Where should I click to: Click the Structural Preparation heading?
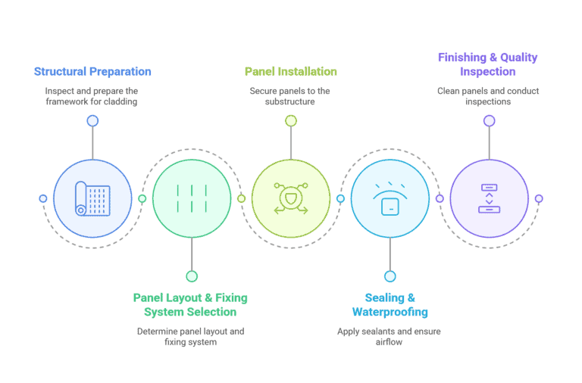[92, 72]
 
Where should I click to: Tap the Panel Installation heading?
[291, 72]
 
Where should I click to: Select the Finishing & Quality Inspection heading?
[488, 64]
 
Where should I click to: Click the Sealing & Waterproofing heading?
[390, 304]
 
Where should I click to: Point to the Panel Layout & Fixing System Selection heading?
[190, 304]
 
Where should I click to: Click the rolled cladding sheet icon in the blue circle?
[92, 198]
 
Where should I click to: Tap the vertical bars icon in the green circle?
[192, 198]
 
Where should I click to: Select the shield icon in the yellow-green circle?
[291, 198]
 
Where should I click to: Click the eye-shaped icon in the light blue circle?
[390, 198]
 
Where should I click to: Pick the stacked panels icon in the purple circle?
[489, 198]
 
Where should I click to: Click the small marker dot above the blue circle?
[92, 120]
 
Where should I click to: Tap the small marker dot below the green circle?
[192, 276]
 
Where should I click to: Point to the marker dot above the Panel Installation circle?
[291, 120]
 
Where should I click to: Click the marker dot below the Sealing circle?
[390, 276]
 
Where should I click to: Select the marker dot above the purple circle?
[489, 120]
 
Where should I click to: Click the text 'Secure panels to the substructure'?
[291, 96]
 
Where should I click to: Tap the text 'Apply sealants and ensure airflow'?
[390, 337]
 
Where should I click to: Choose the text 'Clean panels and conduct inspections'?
[488, 96]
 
